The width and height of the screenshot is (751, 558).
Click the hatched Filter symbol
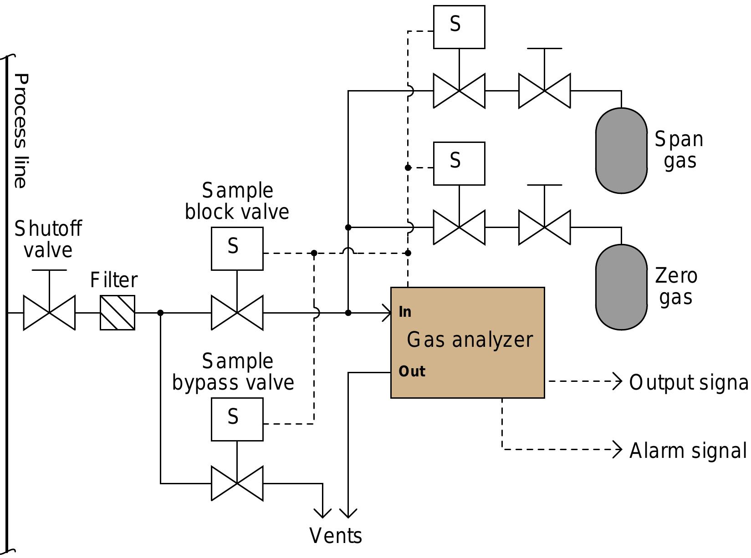pyautogui.click(x=118, y=313)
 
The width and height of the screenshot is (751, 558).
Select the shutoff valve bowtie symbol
pyautogui.click(x=49, y=313)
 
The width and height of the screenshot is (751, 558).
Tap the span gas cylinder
pyautogui.click(x=621, y=151)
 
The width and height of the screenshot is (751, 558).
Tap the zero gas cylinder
pyautogui.click(x=621, y=287)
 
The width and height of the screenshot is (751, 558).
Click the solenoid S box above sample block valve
pyautogui.click(x=237, y=249)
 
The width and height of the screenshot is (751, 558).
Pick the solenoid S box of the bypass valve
pyautogui.click(x=237, y=419)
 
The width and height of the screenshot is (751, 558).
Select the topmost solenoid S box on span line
pyautogui.click(x=459, y=27)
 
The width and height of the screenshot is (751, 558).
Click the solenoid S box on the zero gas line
pyautogui.click(x=459, y=163)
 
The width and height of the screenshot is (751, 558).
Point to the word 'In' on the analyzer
pyautogui.click(x=405, y=312)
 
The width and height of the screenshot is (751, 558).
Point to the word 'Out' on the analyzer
pyautogui.click(x=412, y=372)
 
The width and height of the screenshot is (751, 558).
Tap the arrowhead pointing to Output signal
pyautogui.click(x=618, y=381)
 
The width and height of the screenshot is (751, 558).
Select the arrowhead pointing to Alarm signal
pyautogui.click(x=618, y=449)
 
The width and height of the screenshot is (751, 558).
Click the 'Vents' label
pyautogui.click(x=336, y=536)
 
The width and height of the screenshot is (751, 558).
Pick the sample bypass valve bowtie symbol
pyautogui.click(x=237, y=483)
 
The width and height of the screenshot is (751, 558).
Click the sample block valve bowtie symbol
pyautogui.click(x=237, y=313)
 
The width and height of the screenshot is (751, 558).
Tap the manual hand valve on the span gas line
pyautogui.click(x=544, y=91)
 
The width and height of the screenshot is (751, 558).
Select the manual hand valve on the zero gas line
pyautogui.click(x=544, y=227)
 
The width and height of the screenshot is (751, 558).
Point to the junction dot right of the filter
pyautogui.click(x=160, y=313)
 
